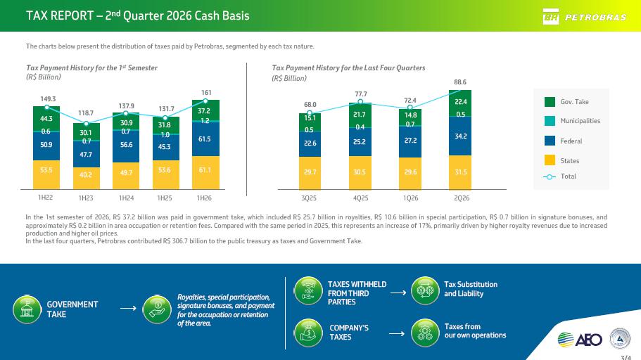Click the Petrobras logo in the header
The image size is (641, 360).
(584, 17)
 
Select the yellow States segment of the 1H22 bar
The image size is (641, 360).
(46, 174)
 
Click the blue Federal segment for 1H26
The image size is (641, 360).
(205, 139)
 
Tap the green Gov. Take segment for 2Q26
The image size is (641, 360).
(460, 103)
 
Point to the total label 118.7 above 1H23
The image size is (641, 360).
(86, 112)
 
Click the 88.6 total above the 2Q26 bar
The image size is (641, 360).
(460, 82)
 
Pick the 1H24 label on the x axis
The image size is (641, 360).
(127, 198)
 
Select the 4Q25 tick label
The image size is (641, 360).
(360, 198)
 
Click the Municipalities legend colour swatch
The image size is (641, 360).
(550, 121)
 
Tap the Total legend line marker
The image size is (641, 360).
(550, 176)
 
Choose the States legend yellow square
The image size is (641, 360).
(550, 160)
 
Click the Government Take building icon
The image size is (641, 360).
(27, 309)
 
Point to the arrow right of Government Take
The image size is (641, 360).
(128, 308)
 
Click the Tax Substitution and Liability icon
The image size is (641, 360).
(425, 290)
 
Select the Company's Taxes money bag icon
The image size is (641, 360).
(308, 333)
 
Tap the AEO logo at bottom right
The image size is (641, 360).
(580, 340)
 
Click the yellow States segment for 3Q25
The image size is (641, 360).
(310, 173)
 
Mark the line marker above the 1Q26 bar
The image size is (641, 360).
(410, 108)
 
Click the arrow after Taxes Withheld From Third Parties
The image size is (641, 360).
(398, 292)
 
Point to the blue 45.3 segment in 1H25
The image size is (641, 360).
(165, 147)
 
